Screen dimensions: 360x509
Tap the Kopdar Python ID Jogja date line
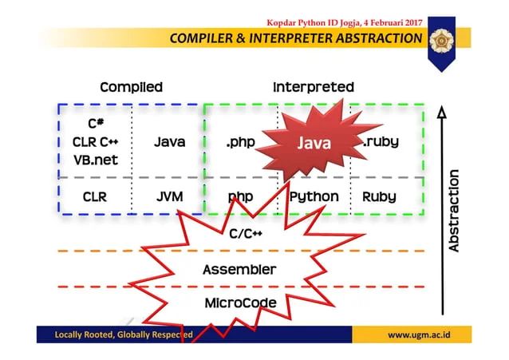(x=344, y=22)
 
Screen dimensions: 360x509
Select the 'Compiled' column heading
(x=131, y=87)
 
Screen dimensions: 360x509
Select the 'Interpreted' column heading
(x=313, y=87)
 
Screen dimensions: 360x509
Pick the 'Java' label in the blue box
(x=169, y=142)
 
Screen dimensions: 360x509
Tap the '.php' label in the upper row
(x=241, y=142)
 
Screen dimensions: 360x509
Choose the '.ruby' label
(x=381, y=142)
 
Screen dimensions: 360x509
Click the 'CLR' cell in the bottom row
(x=95, y=196)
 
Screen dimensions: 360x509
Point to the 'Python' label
(x=314, y=196)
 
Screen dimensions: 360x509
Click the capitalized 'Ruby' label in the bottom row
(x=380, y=196)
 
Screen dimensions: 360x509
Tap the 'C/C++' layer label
(x=247, y=234)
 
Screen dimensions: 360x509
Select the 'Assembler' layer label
(x=239, y=269)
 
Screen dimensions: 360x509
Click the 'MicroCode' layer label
(x=240, y=303)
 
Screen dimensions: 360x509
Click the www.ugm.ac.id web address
(x=418, y=334)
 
